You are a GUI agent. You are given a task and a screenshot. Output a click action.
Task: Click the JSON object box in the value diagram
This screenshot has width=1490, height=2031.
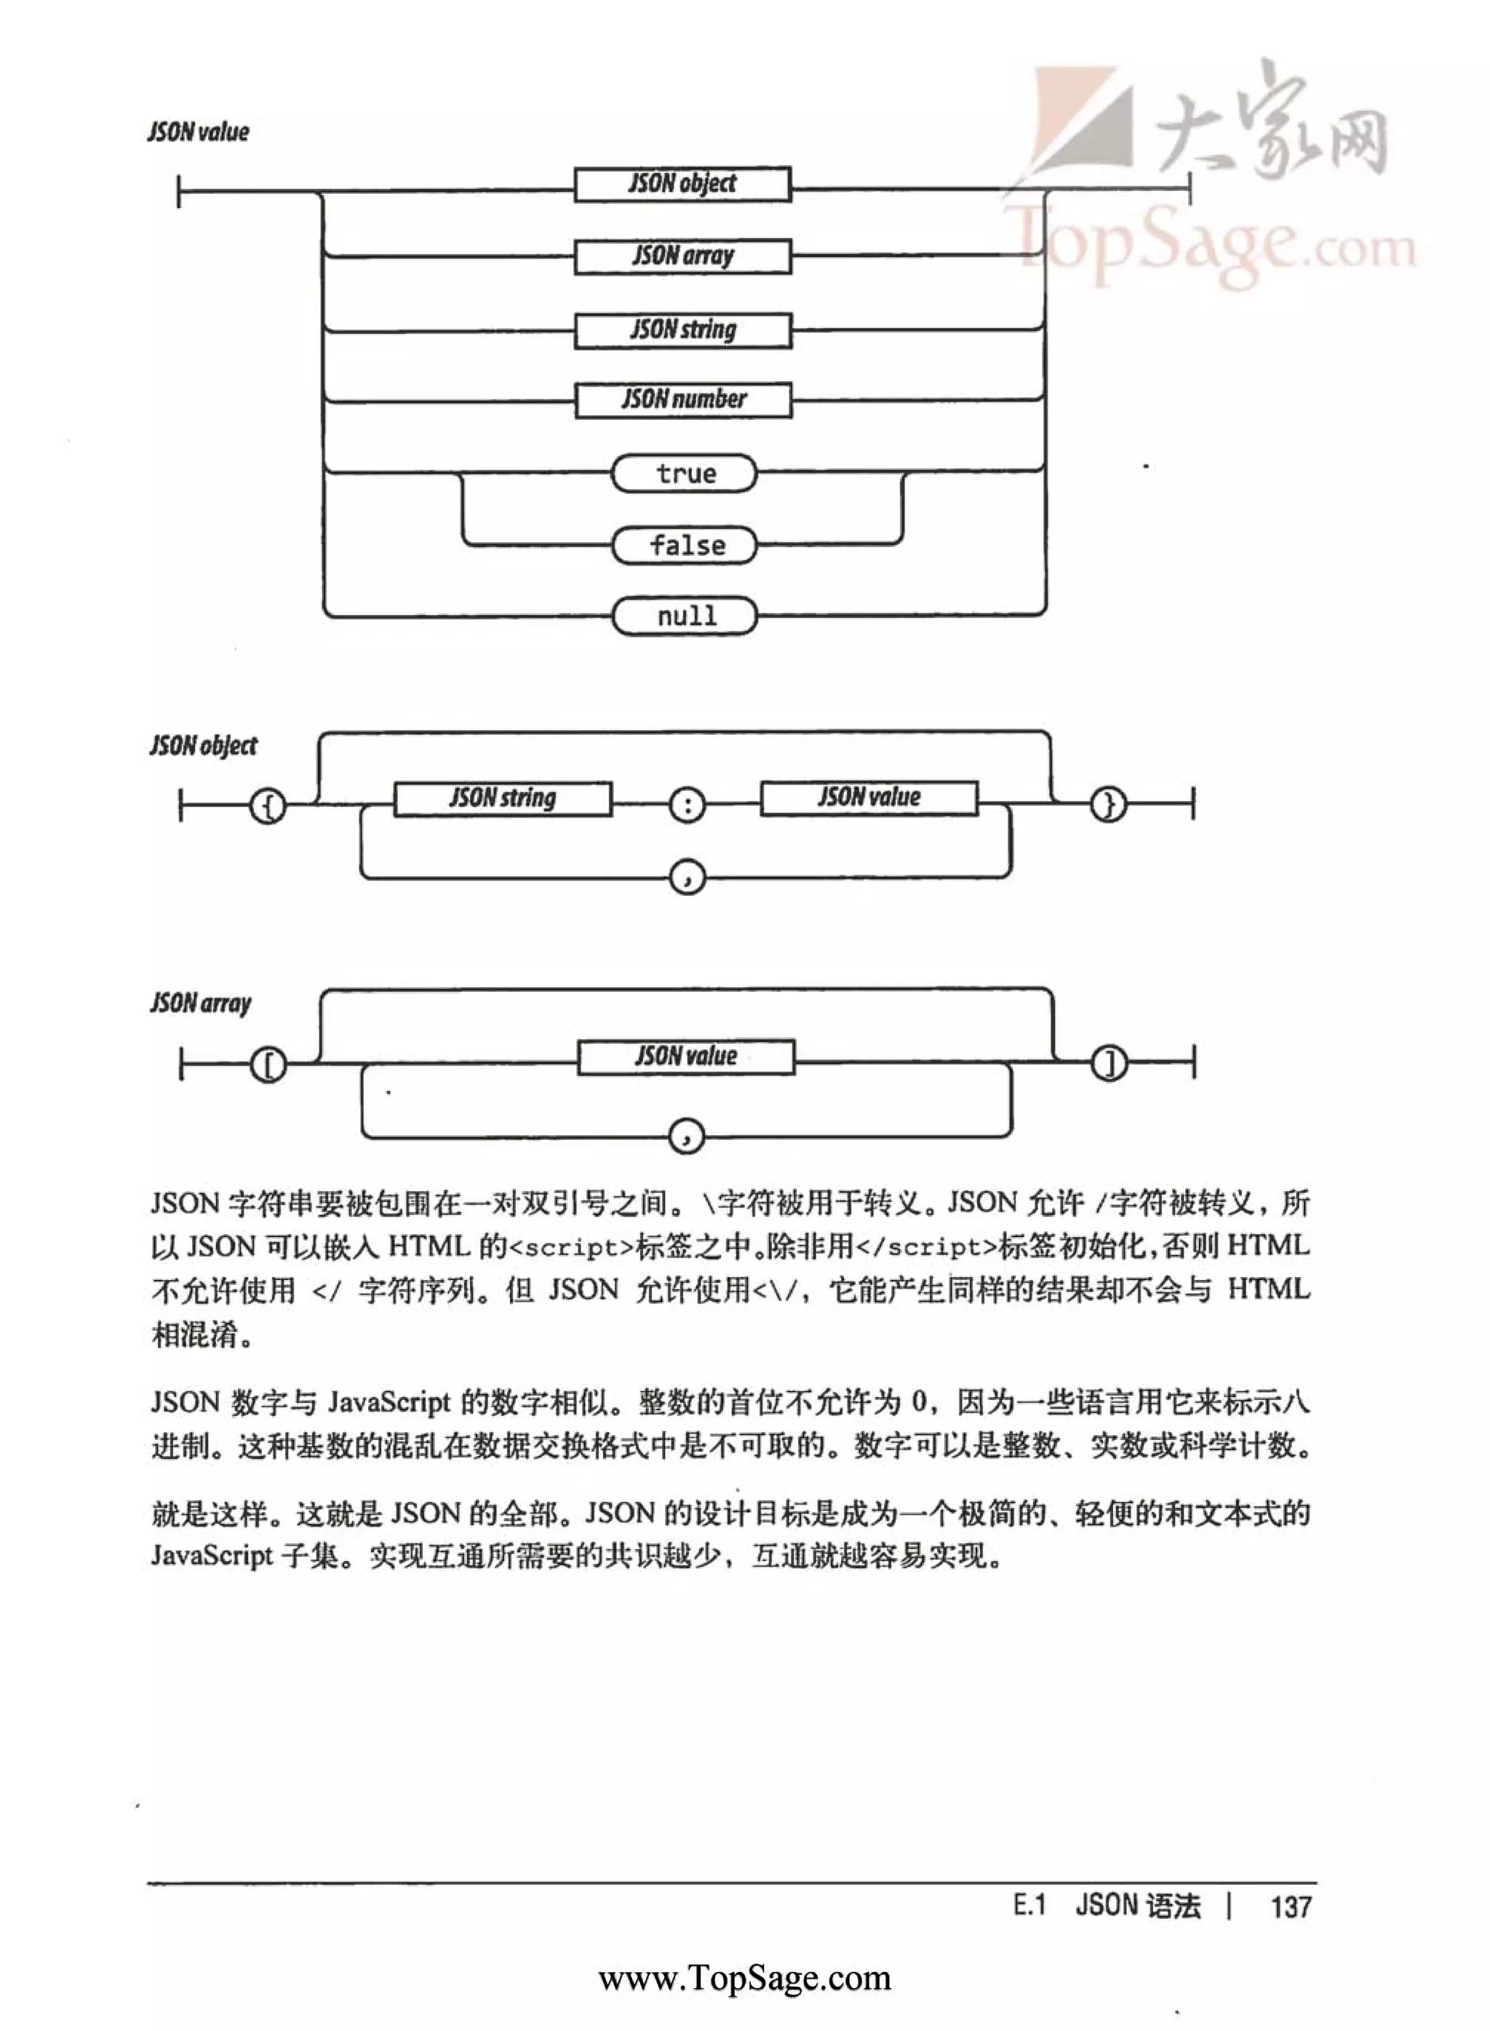click(682, 184)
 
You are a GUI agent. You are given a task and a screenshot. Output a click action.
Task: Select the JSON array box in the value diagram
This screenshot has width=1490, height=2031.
click(682, 256)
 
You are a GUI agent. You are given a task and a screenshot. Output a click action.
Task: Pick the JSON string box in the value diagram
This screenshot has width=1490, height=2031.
click(682, 330)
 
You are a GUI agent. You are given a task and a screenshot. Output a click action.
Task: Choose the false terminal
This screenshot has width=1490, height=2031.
click(685, 546)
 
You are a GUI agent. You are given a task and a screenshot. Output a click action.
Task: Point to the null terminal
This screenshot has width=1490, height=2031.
click(685, 616)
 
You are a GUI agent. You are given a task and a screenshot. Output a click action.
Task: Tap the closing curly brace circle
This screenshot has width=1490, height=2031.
click(1109, 803)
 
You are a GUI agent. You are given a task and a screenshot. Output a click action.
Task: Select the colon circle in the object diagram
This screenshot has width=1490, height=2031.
click(688, 804)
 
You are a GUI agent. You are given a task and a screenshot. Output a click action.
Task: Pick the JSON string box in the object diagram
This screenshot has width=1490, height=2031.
click(503, 798)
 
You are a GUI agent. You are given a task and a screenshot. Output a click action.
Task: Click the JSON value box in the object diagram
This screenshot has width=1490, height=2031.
click(869, 798)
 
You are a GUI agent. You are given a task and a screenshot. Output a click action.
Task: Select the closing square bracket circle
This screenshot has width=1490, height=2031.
click(1109, 1064)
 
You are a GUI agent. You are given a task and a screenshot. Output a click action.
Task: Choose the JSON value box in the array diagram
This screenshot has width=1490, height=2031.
click(686, 1056)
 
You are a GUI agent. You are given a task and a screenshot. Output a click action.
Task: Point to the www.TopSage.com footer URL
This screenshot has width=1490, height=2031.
click(745, 1978)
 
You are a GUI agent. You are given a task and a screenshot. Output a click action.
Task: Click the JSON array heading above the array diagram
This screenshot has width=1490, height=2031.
click(200, 1003)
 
